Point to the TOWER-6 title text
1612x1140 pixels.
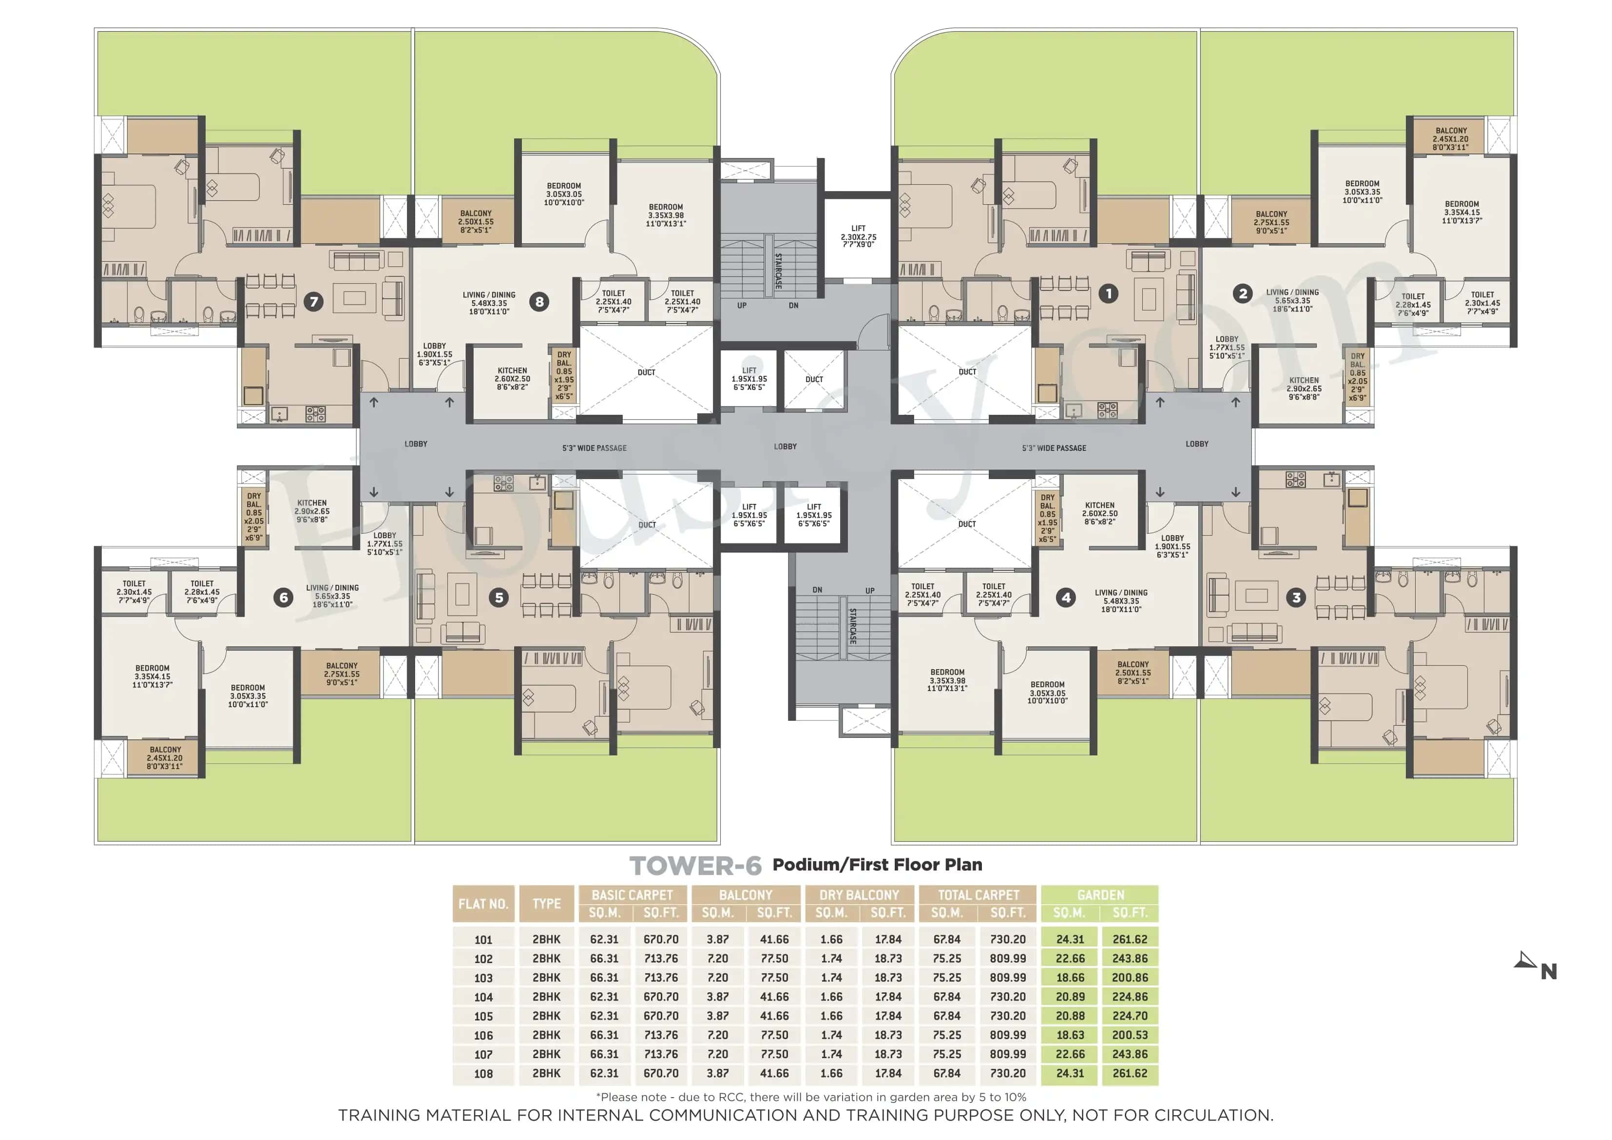tap(695, 866)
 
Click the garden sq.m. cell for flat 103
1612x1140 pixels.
tap(1070, 977)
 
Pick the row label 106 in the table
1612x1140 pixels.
tap(483, 1035)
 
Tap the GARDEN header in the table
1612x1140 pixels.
tap(1100, 895)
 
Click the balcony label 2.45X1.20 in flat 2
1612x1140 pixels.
tap(1451, 139)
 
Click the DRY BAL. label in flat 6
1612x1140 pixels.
tap(253, 516)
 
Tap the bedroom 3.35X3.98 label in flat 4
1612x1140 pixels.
tap(947, 680)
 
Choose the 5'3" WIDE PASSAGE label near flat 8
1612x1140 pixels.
tap(594, 448)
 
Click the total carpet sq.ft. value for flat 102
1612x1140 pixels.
tap(1008, 958)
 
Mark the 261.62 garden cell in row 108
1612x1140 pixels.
tap(1129, 1073)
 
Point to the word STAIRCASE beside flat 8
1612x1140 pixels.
tap(778, 271)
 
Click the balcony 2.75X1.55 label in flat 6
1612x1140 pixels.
tap(341, 674)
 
